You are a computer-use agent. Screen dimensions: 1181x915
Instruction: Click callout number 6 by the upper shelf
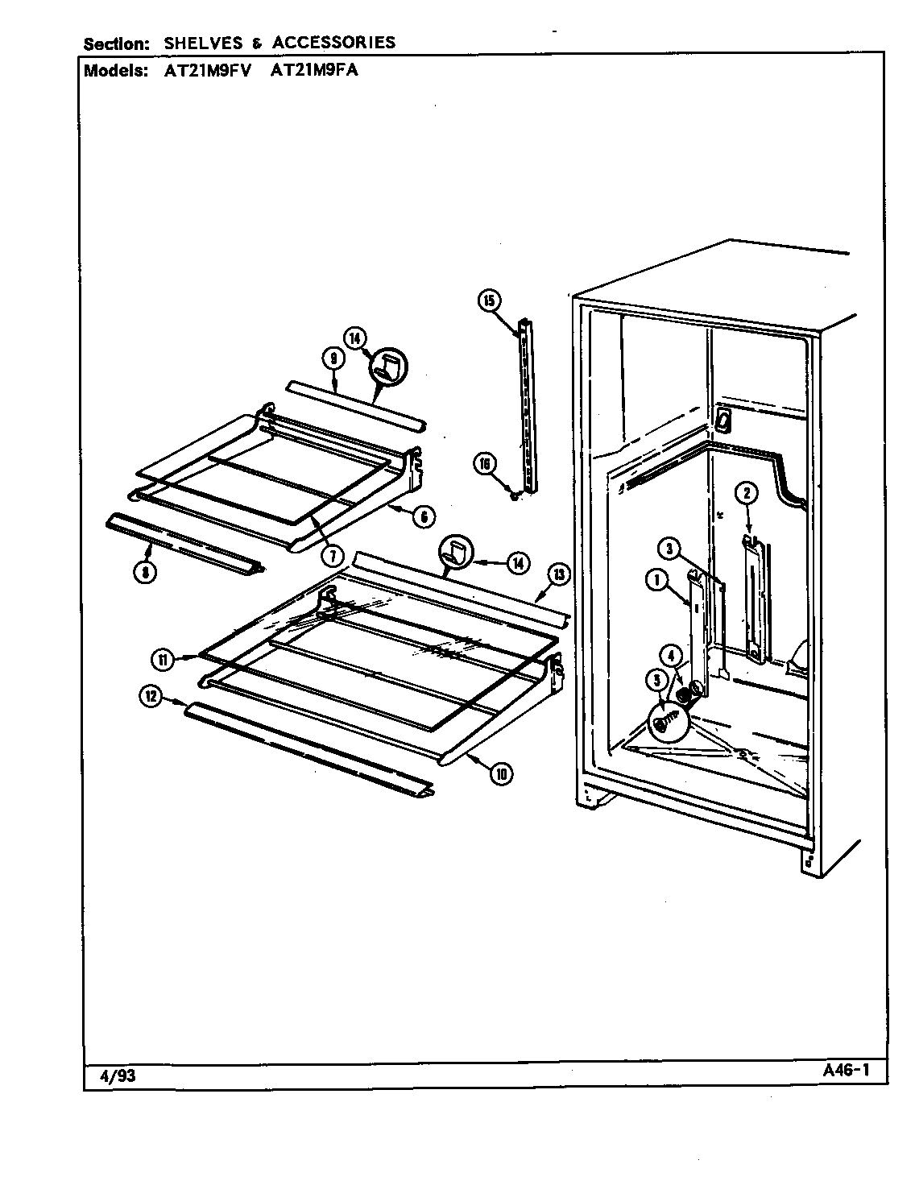pyautogui.click(x=424, y=516)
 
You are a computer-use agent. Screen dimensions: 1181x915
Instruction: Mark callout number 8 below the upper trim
pyautogui.click(x=145, y=572)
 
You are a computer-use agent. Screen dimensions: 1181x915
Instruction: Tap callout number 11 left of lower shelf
pyautogui.click(x=163, y=659)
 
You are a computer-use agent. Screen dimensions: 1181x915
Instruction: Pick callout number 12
pyautogui.click(x=150, y=698)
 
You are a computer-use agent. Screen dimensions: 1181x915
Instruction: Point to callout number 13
pyautogui.click(x=557, y=574)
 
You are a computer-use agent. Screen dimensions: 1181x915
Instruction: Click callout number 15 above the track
pyautogui.click(x=489, y=301)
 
